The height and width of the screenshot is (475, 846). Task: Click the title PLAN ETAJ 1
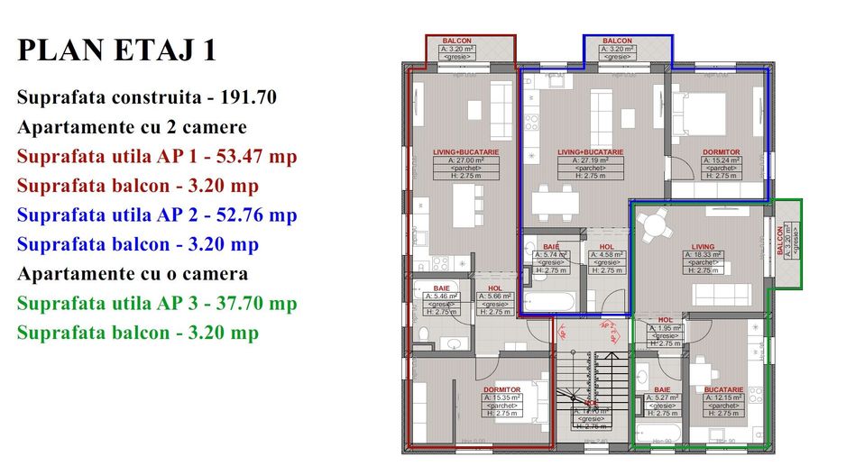[116, 50]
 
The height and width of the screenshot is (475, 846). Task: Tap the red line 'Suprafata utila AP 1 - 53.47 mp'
[156, 157]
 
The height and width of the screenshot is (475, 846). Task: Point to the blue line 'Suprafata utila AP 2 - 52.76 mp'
[156, 215]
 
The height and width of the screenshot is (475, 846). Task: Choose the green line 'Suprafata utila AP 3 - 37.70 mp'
[156, 304]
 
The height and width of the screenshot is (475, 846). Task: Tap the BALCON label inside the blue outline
[617, 41]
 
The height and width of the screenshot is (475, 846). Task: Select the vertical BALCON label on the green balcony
[781, 242]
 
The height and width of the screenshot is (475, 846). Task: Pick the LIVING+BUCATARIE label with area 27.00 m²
[462, 153]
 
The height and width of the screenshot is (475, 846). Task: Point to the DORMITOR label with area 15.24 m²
[721, 153]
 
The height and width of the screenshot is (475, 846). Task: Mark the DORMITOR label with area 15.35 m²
[501, 390]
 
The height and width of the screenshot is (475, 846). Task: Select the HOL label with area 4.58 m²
[607, 247]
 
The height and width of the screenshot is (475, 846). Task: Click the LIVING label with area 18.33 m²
[703, 247]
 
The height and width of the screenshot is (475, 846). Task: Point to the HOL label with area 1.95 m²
[666, 320]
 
